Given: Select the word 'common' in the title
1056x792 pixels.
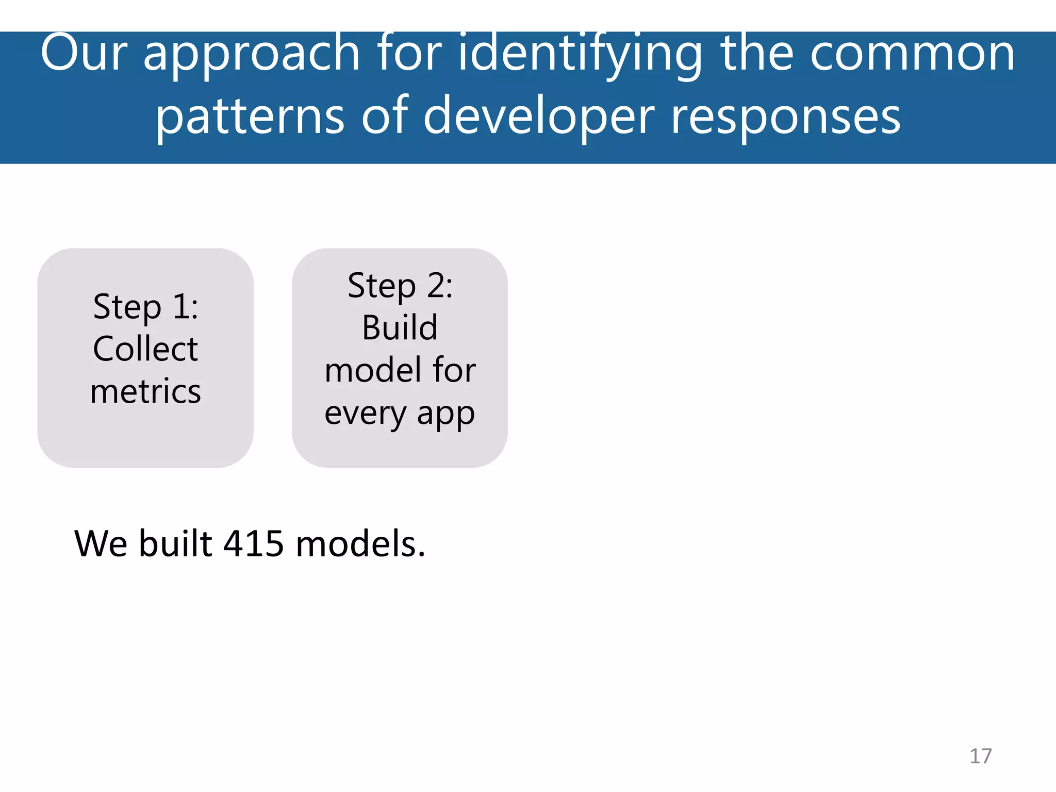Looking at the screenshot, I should point(912,54).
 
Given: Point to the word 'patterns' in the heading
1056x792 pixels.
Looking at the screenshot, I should point(250,118).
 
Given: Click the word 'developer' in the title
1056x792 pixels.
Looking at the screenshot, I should point(539,118).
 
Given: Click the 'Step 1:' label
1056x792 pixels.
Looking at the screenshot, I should point(145,307).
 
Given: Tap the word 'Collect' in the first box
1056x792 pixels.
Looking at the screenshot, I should point(145,349).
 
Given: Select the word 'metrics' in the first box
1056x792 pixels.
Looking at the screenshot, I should point(145,391).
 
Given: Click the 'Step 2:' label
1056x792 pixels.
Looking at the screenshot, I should point(400,286).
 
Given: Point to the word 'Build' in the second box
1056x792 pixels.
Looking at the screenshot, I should point(400,328).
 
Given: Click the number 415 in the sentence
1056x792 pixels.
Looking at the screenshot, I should point(253,544).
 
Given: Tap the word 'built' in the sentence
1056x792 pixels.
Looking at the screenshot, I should point(175,544).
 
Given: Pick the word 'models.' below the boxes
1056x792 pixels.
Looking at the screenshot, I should point(360,544).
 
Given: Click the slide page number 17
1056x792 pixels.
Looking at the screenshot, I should point(980,756).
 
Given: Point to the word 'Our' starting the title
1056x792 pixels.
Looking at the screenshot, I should point(84,54).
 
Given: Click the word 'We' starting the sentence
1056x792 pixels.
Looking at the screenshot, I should point(101,544).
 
